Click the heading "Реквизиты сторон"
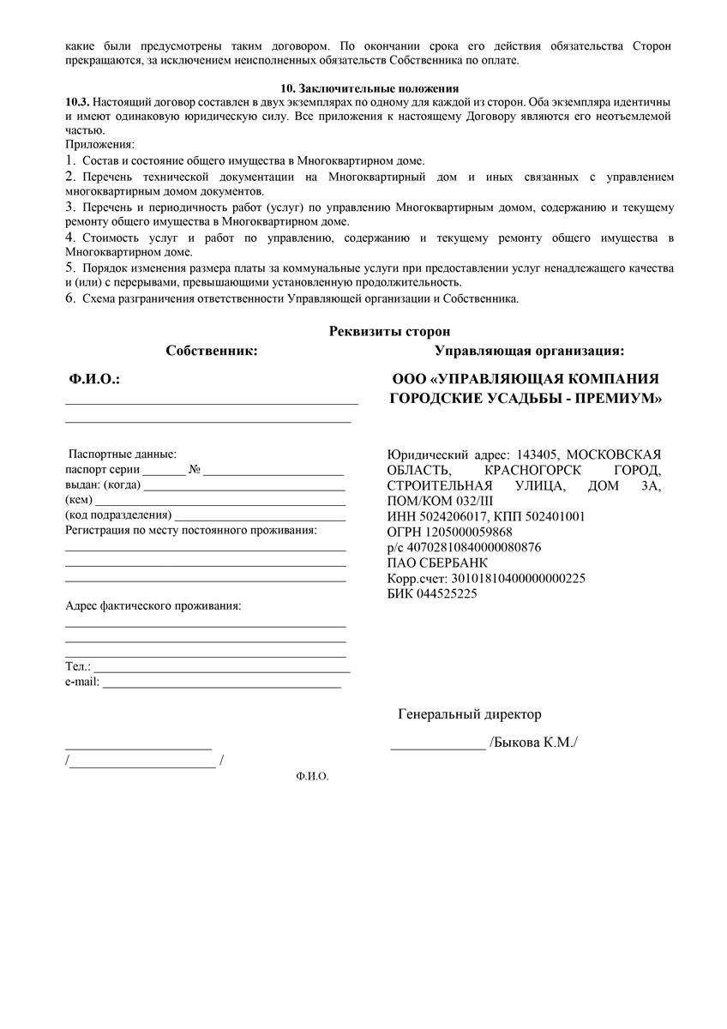click(389, 331)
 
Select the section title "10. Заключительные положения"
click(370, 88)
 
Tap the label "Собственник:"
click(212, 350)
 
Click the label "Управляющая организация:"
click(529, 350)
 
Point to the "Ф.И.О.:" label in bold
click(94, 379)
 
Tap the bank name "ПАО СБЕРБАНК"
click(437, 563)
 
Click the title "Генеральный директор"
click(470, 714)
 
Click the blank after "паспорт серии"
click(163, 472)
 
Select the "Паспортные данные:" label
click(122, 454)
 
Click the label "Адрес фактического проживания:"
click(153, 606)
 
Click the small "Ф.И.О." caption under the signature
click(311, 776)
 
